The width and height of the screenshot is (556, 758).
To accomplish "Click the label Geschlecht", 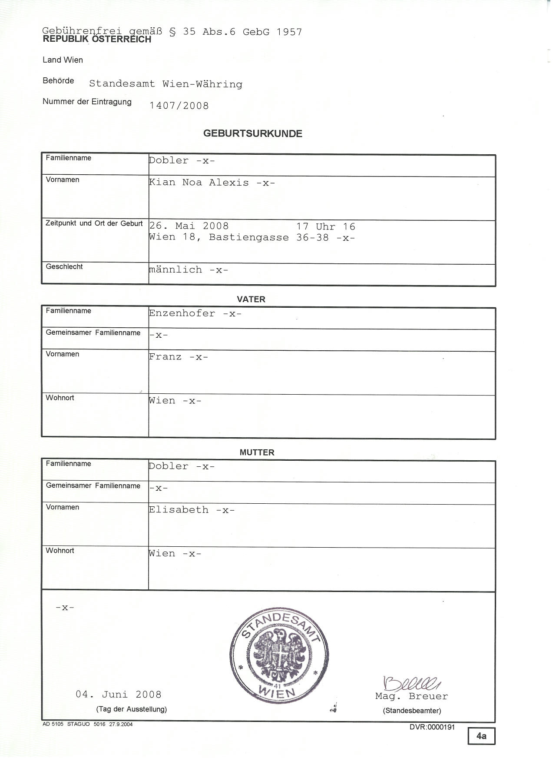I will [65, 267].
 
